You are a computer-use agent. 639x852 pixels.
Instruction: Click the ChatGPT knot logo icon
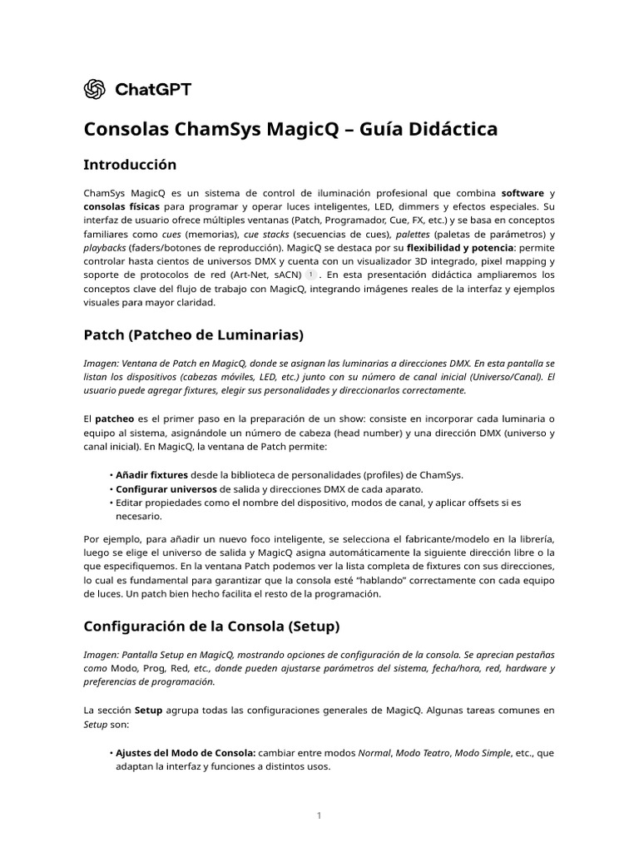[95, 89]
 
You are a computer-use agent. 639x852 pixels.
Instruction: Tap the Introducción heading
[130, 165]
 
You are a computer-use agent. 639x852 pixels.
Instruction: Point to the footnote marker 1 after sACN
[310, 274]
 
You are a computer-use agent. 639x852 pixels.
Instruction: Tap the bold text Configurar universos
[166, 488]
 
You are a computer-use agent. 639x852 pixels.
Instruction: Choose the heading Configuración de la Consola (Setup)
[211, 625]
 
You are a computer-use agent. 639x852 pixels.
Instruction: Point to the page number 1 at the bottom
[319, 816]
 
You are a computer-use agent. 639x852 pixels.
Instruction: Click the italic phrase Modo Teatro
[421, 752]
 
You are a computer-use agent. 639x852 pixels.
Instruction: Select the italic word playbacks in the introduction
[105, 247]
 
